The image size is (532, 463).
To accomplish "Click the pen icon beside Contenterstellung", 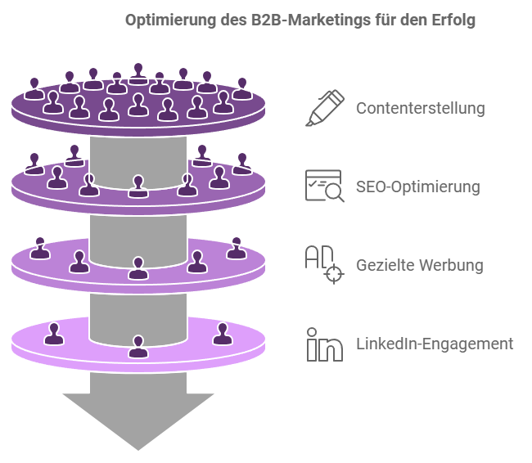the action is coord(325,108).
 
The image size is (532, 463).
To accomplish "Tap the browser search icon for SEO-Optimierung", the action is coord(324,186).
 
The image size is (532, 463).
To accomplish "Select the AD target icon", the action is coord(324,264).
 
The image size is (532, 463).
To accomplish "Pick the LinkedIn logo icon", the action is coord(324,344).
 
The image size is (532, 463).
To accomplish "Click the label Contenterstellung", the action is coord(421,109).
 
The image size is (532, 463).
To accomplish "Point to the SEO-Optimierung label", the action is coord(418,187).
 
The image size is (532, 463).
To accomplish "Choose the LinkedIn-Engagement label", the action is coord(435,344).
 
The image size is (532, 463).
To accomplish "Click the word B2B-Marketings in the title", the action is coord(311,20).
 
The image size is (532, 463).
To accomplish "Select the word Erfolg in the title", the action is coord(453,20).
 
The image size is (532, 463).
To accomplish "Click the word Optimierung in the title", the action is coord(171,20).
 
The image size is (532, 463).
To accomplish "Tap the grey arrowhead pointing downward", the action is coord(138,421).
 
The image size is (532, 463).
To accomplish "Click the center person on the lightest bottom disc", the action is coord(138,346).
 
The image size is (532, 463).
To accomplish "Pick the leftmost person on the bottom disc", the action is coord(54,334).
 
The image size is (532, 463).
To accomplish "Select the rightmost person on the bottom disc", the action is coord(223,334).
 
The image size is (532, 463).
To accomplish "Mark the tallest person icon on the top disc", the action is coord(138,74).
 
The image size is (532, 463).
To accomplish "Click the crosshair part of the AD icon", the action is coord(334,274).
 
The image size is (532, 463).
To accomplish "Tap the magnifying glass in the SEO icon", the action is coord(334,193).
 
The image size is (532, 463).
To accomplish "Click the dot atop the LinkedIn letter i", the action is coord(312,332).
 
